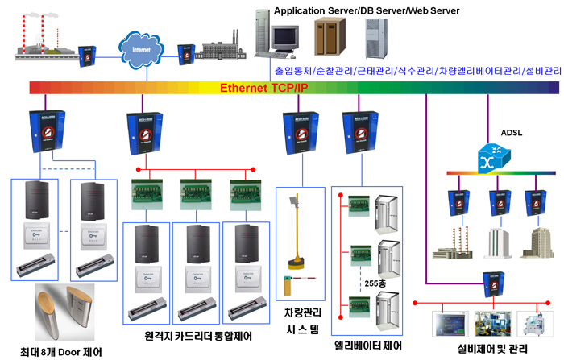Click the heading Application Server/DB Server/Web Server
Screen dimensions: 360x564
click(x=367, y=10)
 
